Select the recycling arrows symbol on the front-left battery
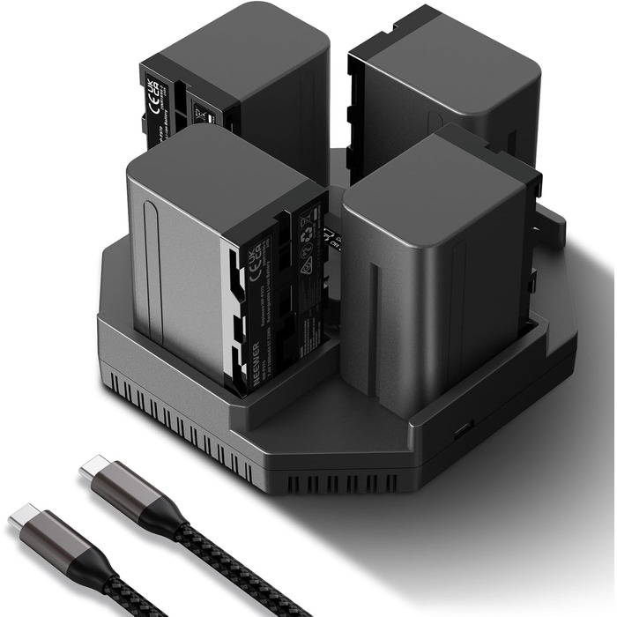coord(308,244)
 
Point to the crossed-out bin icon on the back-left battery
coord(200,113)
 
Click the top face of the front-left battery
coord(220,167)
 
